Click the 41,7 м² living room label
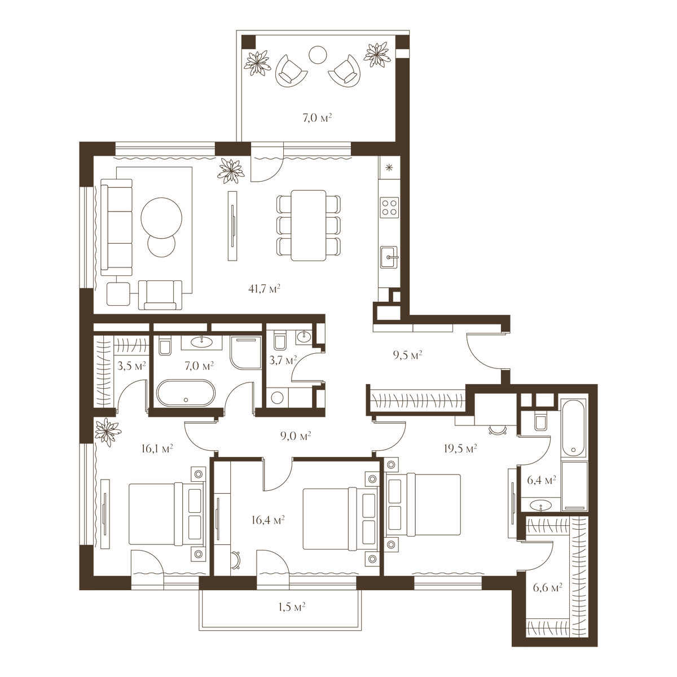[x=264, y=289]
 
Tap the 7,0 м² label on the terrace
[x=318, y=118]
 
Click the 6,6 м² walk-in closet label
[x=547, y=587]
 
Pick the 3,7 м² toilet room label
[x=283, y=360]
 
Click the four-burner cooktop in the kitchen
[x=389, y=207]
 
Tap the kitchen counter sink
[x=389, y=257]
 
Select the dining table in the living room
[x=309, y=226]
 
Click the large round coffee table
[x=161, y=218]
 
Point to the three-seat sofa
[x=116, y=227]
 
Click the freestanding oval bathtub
[x=186, y=393]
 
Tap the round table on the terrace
[x=318, y=55]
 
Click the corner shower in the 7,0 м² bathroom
[x=246, y=353]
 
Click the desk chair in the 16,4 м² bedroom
[x=235, y=560]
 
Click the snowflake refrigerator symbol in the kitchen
[x=389, y=168]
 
